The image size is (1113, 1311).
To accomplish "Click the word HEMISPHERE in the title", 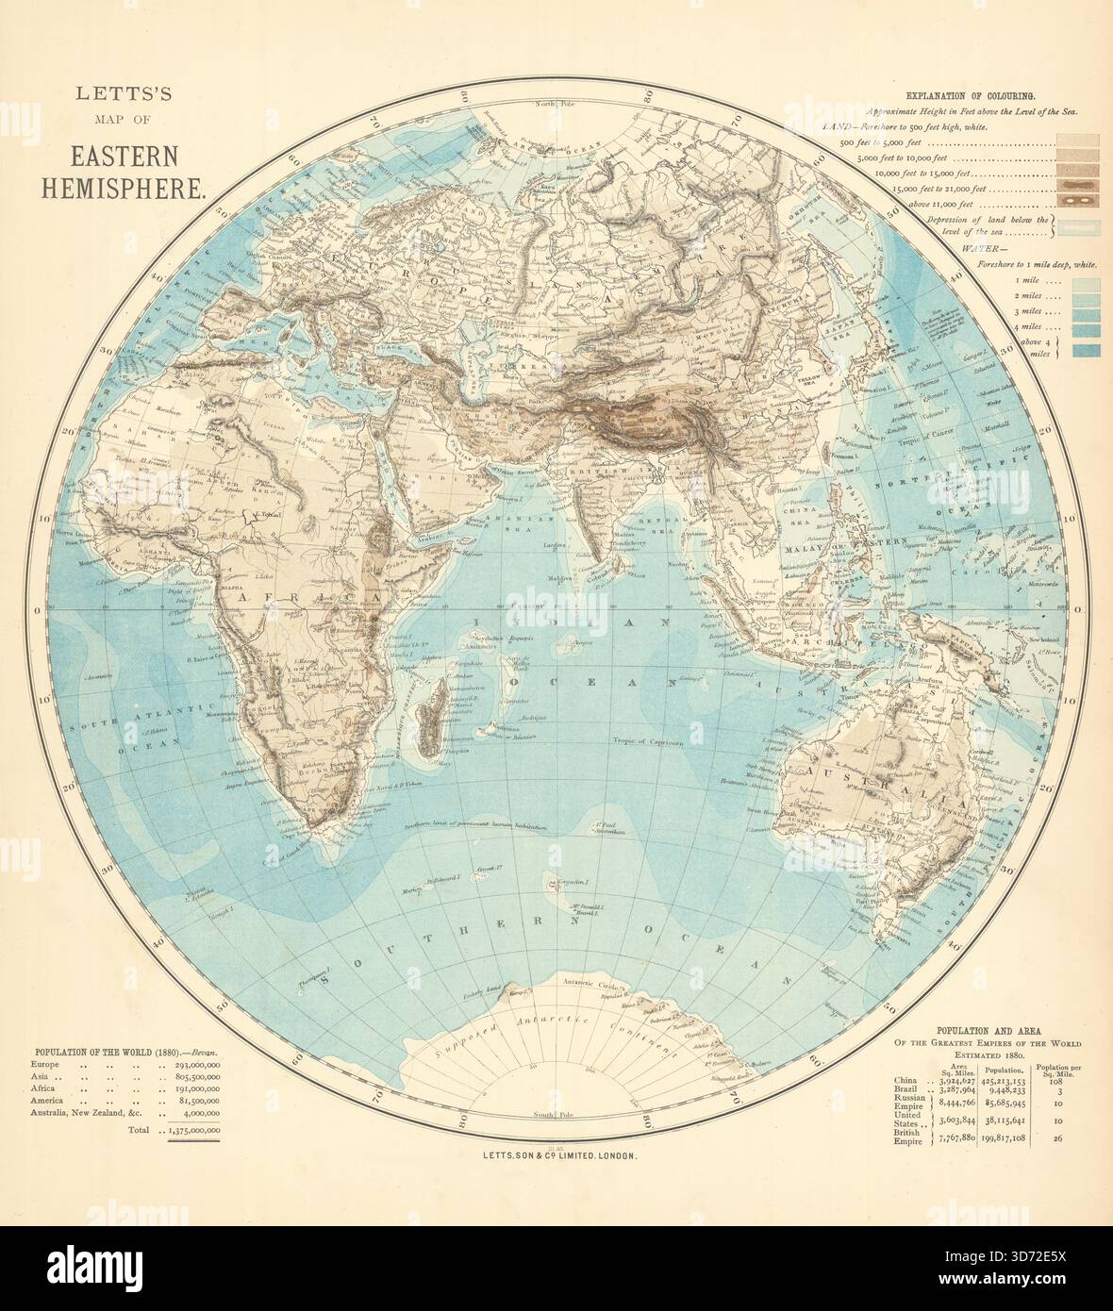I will [123, 186].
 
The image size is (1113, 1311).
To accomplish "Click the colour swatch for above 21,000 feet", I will [1073, 200].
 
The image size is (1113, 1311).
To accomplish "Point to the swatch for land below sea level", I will [1073, 226].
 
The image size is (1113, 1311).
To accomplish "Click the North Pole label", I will [556, 104].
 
